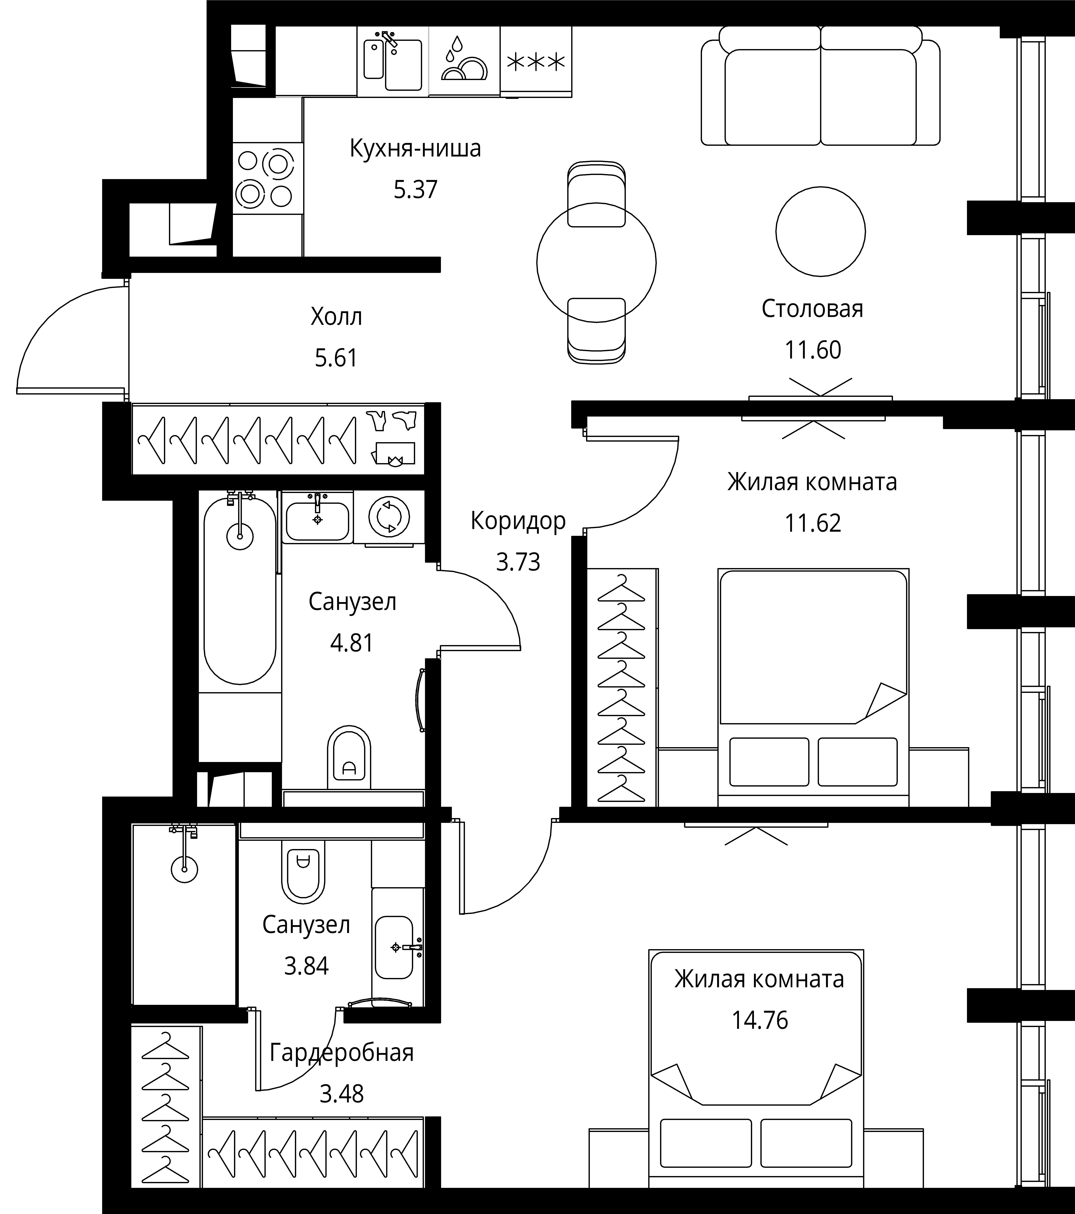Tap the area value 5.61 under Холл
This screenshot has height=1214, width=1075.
(336, 358)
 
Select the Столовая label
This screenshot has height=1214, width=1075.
(812, 309)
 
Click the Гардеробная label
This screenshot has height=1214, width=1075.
(342, 1053)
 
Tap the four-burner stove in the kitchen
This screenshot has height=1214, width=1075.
(267, 178)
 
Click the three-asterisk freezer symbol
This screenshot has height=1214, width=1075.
(536, 62)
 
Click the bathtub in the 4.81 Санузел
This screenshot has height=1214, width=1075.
(240, 590)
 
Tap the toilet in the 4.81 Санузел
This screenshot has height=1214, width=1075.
(349, 757)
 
